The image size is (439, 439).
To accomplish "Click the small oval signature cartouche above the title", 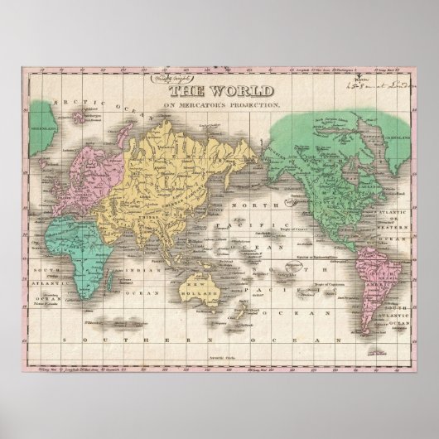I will pyautogui.click(x=190, y=80).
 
